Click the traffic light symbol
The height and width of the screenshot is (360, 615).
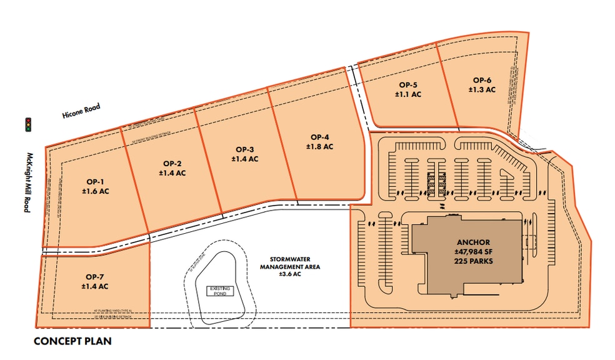click(27, 125)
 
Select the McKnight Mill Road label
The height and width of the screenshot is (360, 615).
click(27, 181)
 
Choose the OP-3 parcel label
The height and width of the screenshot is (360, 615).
click(244, 149)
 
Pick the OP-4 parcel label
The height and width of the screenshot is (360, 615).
click(319, 137)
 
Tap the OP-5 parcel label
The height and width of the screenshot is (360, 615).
click(408, 85)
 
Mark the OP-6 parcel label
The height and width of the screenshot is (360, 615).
click(482, 80)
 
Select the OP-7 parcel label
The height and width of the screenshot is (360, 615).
click(95, 277)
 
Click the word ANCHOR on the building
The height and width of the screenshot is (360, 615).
click(473, 242)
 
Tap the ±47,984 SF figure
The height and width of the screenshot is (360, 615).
click(473, 252)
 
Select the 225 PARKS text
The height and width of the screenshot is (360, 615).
click(473, 263)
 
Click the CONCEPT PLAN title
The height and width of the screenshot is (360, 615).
click(72, 342)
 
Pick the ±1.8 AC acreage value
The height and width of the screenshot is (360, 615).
click(319, 146)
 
